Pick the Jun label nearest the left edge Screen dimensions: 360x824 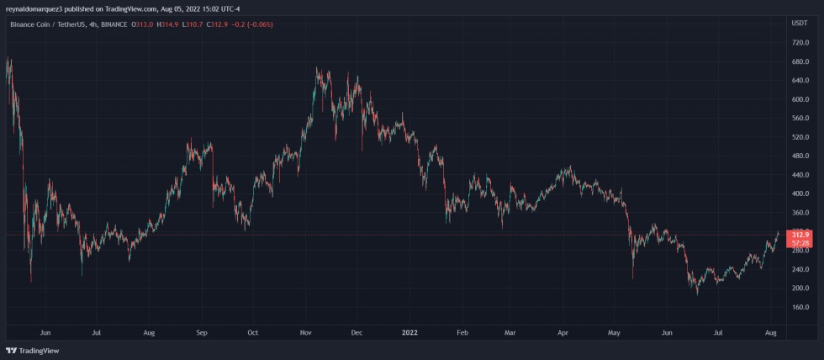tap(45, 332)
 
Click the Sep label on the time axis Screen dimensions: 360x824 tap(201, 332)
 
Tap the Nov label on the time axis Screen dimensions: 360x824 tap(305, 332)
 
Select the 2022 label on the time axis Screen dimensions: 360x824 tap(409, 332)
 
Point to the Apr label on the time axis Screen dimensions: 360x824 tap(563, 332)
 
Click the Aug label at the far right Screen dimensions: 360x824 tap(771, 332)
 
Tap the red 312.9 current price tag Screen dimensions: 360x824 tap(799, 235)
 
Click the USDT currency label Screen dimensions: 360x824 tap(800, 23)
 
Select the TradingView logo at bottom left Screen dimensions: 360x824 tap(26, 351)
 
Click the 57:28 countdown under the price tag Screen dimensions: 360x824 tap(799, 243)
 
